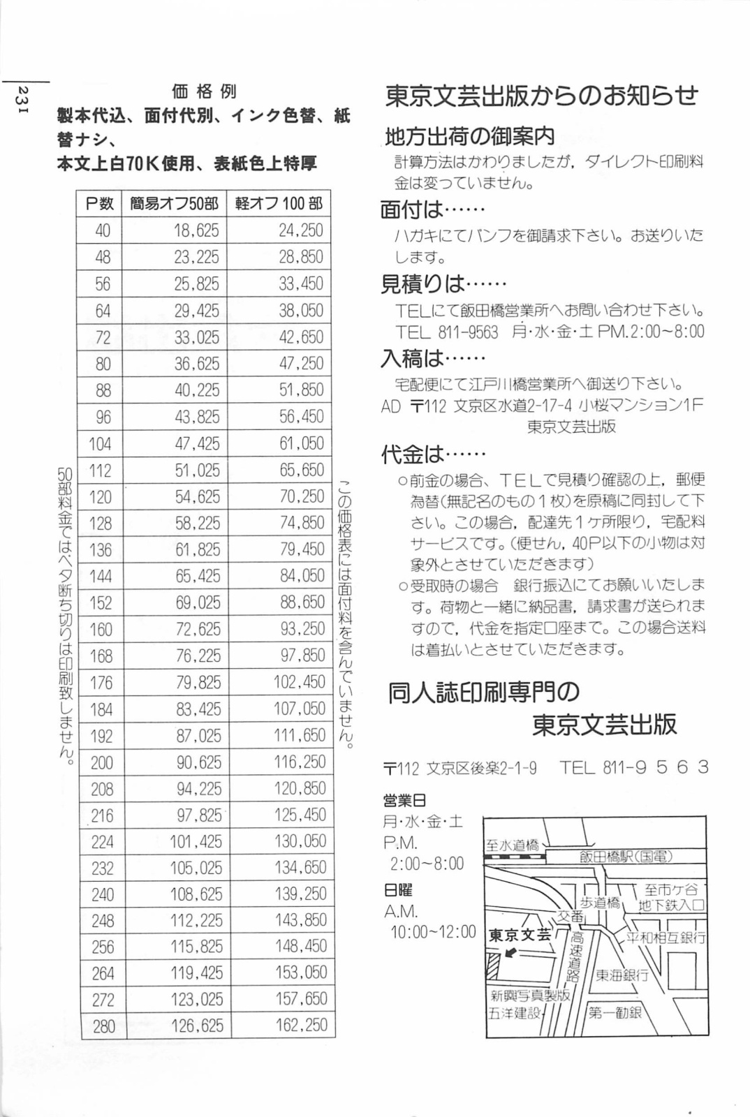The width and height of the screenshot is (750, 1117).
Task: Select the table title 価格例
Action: (x=204, y=91)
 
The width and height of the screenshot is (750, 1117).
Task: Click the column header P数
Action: (x=100, y=204)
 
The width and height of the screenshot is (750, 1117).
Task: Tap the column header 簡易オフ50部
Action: (x=175, y=204)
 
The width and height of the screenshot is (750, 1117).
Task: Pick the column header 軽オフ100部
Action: (x=279, y=204)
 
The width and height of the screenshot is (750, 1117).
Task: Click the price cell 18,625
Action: (x=196, y=230)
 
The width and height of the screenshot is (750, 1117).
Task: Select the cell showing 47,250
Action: (x=301, y=364)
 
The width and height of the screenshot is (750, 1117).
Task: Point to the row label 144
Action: (x=101, y=576)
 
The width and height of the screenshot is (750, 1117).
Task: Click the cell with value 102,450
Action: (x=300, y=682)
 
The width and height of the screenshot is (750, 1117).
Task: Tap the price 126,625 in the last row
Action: (x=197, y=1026)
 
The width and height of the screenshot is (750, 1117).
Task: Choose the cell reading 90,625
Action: (x=198, y=762)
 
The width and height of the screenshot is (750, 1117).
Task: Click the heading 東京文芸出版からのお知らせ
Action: (x=541, y=96)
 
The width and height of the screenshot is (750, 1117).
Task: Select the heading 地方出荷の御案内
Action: (x=470, y=136)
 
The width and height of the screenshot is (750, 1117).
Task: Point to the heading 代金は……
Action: (x=433, y=454)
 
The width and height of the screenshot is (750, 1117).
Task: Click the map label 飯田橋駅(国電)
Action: (x=626, y=857)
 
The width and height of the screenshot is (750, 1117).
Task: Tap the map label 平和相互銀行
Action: (x=666, y=938)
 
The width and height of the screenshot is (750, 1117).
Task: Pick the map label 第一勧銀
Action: (x=615, y=1012)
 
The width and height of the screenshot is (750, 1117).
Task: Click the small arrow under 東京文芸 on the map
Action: (x=510, y=953)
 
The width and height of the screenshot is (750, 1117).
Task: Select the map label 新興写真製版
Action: (x=530, y=996)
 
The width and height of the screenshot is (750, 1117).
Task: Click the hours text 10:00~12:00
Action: (x=433, y=932)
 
